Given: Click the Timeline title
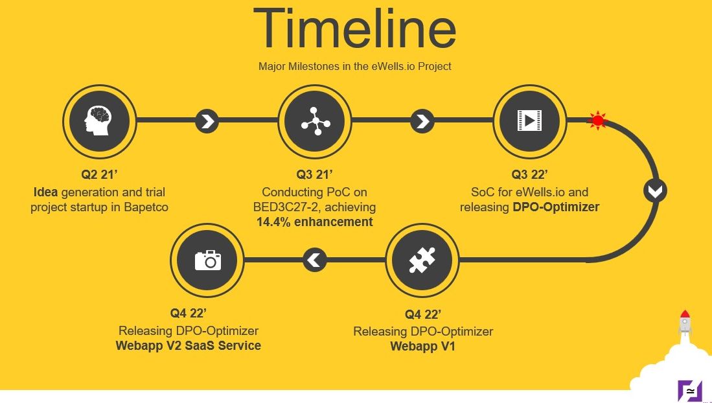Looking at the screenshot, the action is tap(354, 28).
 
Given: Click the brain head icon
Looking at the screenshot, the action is tap(98, 121).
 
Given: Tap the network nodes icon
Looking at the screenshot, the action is tap(315, 121).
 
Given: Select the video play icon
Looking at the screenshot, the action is tap(529, 121).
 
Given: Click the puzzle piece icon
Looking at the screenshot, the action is tap(422, 260).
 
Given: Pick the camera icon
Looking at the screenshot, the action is tap(208, 260).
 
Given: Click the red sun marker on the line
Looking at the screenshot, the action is tap(598, 121).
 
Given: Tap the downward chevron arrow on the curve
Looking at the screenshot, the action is tap(655, 191).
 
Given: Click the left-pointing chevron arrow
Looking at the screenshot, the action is tap(315, 260).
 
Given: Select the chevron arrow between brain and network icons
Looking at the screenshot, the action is tap(207, 121).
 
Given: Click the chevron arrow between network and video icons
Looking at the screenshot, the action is tap(422, 121).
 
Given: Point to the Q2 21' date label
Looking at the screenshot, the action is tap(99, 174).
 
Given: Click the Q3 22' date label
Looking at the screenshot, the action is tap(529, 174).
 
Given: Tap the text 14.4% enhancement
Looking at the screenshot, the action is tap(315, 222).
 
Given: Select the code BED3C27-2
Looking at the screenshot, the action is tap(287, 207).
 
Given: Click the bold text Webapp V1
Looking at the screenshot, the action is tap(423, 346).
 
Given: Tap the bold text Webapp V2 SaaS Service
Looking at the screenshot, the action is tap(189, 345).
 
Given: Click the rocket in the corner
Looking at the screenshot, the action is tap(685, 323).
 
